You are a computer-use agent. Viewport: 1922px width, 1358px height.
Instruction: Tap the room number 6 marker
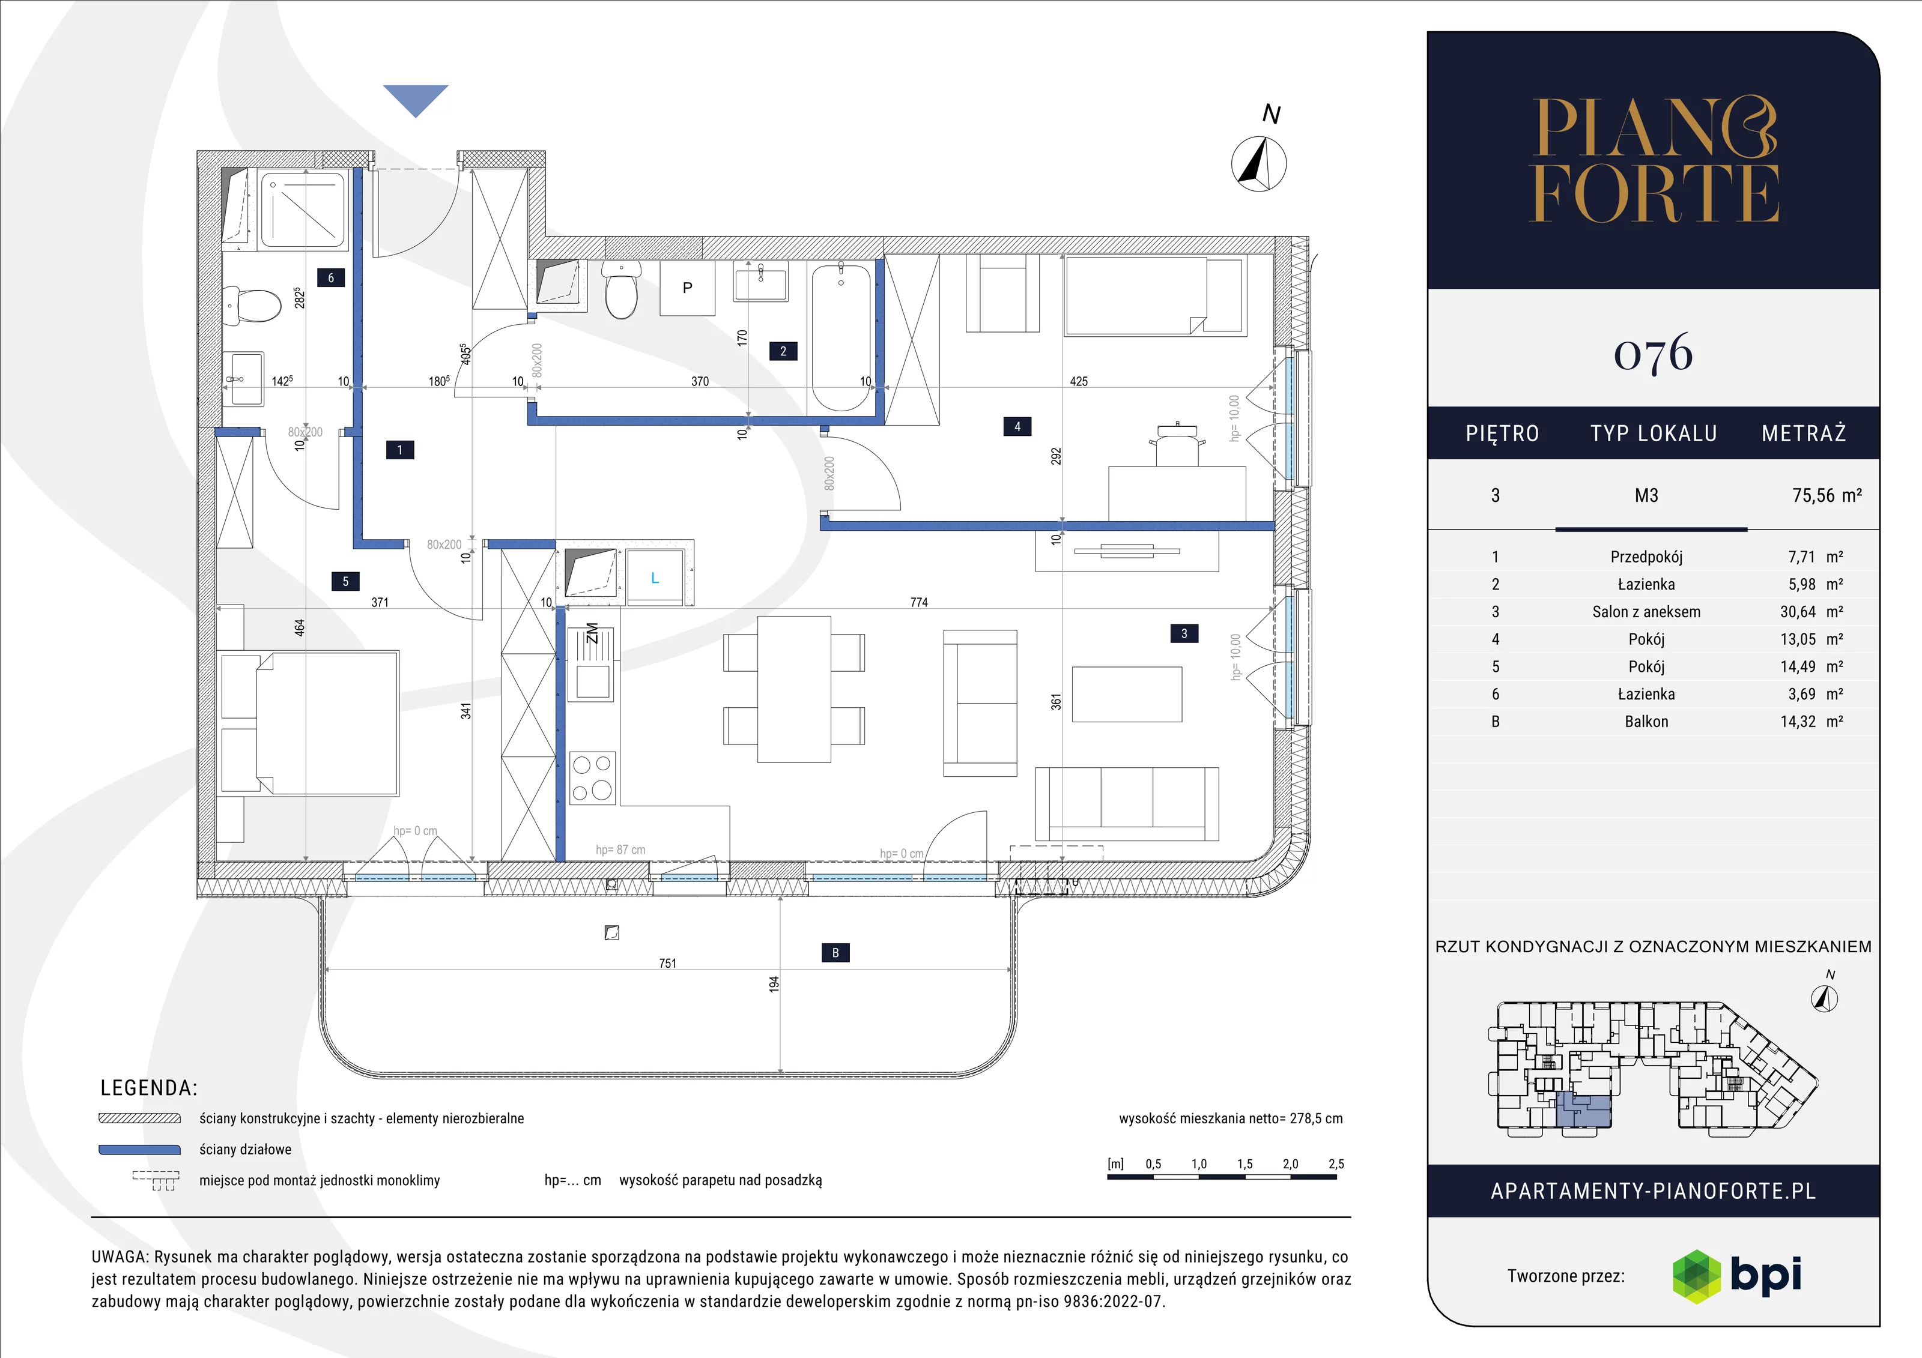(x=331, y=278)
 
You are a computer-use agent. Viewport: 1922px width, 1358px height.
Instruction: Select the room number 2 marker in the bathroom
(x=783, y=351)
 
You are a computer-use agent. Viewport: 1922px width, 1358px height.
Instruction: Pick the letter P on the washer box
(x=687, y=288)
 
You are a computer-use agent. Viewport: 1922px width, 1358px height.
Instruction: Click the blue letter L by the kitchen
(x=655, y=578)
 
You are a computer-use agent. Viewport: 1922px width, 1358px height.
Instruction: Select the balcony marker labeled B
(x=835, y=952)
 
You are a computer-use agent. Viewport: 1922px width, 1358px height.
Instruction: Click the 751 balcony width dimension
(x=667, y=963)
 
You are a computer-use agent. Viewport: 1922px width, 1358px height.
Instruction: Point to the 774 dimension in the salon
(x=919, y=602)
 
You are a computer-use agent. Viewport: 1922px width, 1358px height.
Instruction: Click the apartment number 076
(x=1654, y=354)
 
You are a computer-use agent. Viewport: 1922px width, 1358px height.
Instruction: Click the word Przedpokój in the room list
(x=1646, y=557)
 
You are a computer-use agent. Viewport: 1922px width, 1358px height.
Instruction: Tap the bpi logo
(x=1737, y=1276)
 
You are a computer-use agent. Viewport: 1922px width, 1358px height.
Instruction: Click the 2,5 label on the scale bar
(x=1336, y=1164)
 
